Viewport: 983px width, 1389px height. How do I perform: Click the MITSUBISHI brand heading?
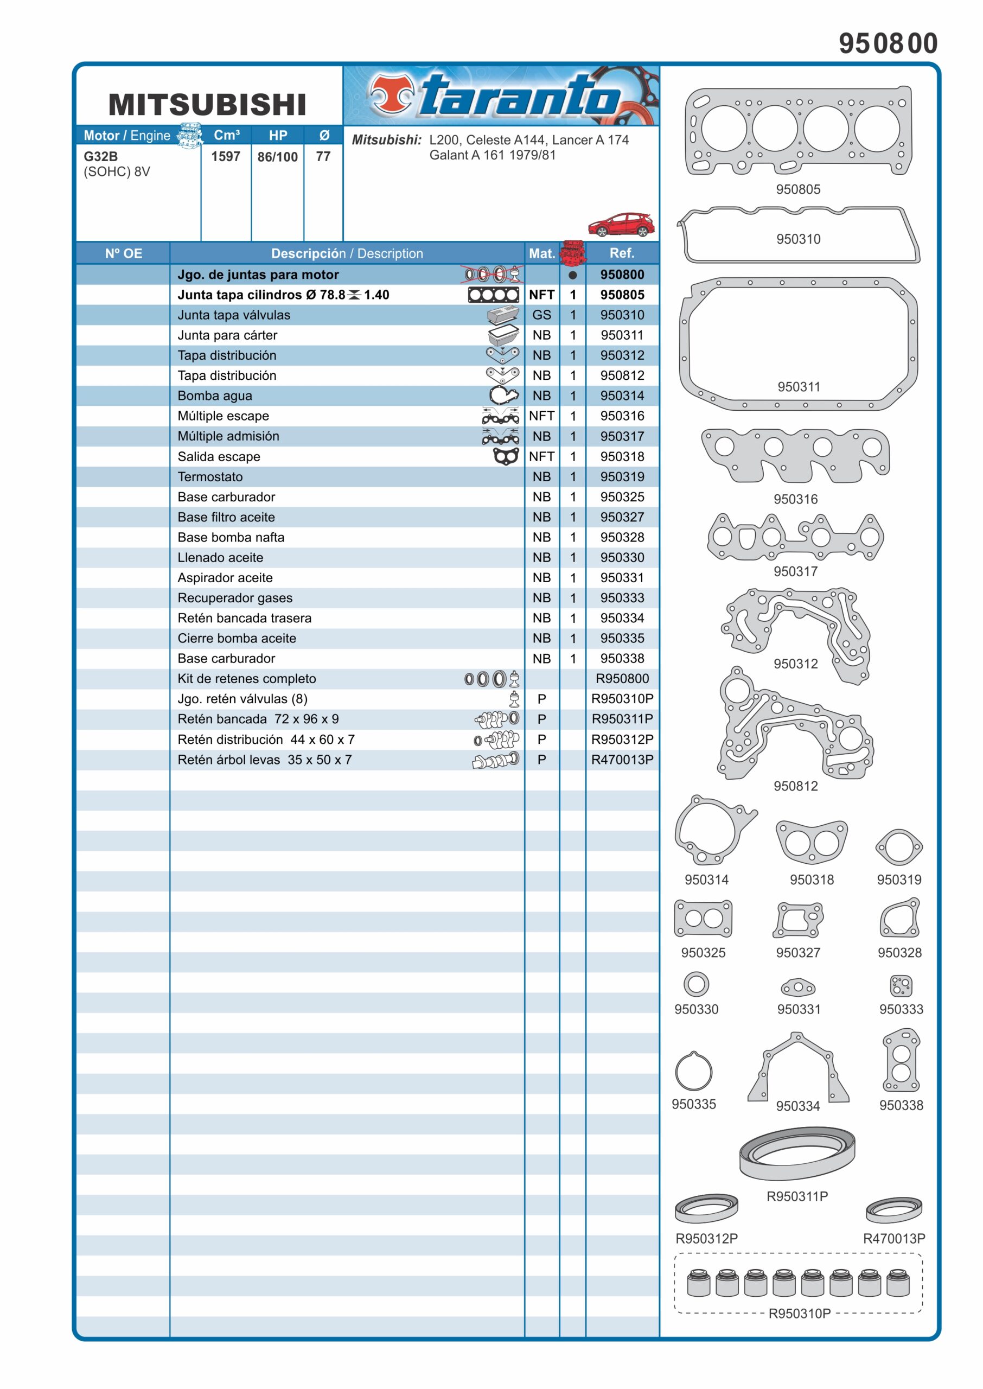coord(207,105)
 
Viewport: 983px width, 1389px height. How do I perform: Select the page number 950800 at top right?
coord(888,43)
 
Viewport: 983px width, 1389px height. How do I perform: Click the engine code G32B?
coord(100,156)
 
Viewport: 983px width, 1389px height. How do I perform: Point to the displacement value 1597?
coord(226,156)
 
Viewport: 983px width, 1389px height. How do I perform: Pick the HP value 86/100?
coord(277,157)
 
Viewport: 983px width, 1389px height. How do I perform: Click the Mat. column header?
coord(542,253)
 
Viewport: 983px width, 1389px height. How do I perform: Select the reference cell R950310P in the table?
coord(622,698)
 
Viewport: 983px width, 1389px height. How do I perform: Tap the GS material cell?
coord(542,315)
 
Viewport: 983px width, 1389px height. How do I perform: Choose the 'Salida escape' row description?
coord(219,456)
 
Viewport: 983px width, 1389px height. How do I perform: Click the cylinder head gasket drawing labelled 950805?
coord(798,130)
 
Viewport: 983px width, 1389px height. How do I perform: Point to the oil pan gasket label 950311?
coord(799,387)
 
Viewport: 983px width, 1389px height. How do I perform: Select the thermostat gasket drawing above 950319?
coord(899,848)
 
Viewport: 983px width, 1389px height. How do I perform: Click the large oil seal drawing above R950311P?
coord(797,1152)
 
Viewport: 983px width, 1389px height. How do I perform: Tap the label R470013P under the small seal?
coord(894,1238)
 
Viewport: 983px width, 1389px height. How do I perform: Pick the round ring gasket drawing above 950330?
coord(696,984)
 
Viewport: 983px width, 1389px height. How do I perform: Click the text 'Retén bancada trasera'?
coord(245,618)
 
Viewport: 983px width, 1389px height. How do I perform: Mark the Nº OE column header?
coord(124,253)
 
